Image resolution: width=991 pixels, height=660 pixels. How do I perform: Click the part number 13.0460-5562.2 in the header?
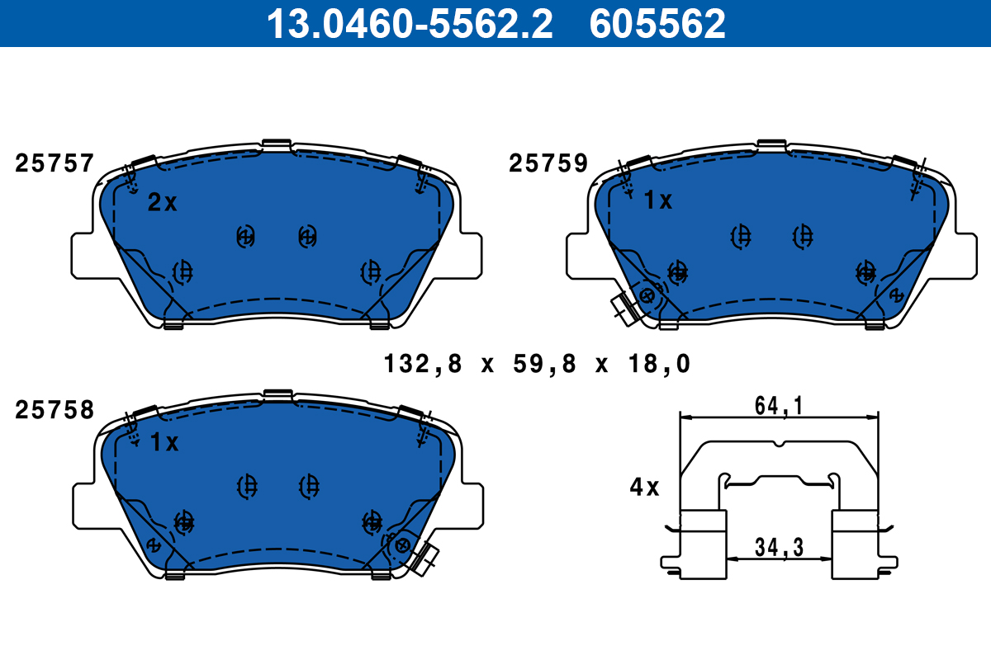point(408,23)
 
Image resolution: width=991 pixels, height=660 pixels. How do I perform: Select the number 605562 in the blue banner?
point(657,23)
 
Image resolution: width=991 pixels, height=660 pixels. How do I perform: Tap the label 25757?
point(55,164)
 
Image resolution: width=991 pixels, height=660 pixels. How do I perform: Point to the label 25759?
point(548,164)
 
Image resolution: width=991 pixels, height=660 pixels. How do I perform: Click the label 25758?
point(55,410)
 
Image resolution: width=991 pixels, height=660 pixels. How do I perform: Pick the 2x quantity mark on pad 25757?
point(162,203)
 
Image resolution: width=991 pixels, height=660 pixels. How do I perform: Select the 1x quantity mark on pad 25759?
point(657,200)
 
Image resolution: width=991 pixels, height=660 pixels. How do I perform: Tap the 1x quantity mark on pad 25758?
point(164,443)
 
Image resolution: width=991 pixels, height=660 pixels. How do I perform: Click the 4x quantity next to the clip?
point(644,488)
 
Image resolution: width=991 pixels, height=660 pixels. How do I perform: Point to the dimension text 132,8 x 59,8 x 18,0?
point(536,363)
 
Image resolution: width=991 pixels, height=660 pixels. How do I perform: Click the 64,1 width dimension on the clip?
point(779,406)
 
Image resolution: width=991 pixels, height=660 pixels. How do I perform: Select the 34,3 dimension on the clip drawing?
point(778,546)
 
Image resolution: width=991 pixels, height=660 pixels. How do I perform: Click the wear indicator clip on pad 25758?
point(426,559)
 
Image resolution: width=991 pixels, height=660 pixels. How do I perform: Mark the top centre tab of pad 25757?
point(276,145)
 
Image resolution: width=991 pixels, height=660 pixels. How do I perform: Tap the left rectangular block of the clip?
point(703,540)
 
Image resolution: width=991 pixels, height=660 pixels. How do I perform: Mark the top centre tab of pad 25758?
point(277,394)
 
